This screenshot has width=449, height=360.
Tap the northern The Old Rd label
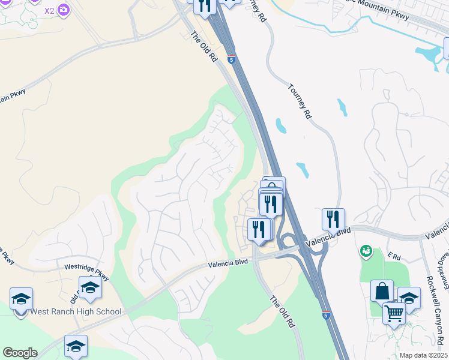pos(203,46)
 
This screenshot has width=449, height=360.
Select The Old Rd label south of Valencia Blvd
pos(282,311)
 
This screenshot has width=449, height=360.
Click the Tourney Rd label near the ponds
pos(300,100)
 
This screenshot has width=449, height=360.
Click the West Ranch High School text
pos(76,312)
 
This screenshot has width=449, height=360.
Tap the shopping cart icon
pos(394,313)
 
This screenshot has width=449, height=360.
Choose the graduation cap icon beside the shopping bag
pos(409,298)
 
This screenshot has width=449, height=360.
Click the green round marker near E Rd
pos(365,251)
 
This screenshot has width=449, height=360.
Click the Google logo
pos(20,353)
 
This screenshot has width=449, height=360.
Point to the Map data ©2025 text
pos(423,355)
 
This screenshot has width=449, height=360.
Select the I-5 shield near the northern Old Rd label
pos(232,59)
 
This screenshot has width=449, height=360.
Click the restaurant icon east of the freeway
pos(333,220)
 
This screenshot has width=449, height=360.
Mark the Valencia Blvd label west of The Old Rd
pos(228,263)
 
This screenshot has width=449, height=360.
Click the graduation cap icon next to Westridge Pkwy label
pos(90,287)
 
